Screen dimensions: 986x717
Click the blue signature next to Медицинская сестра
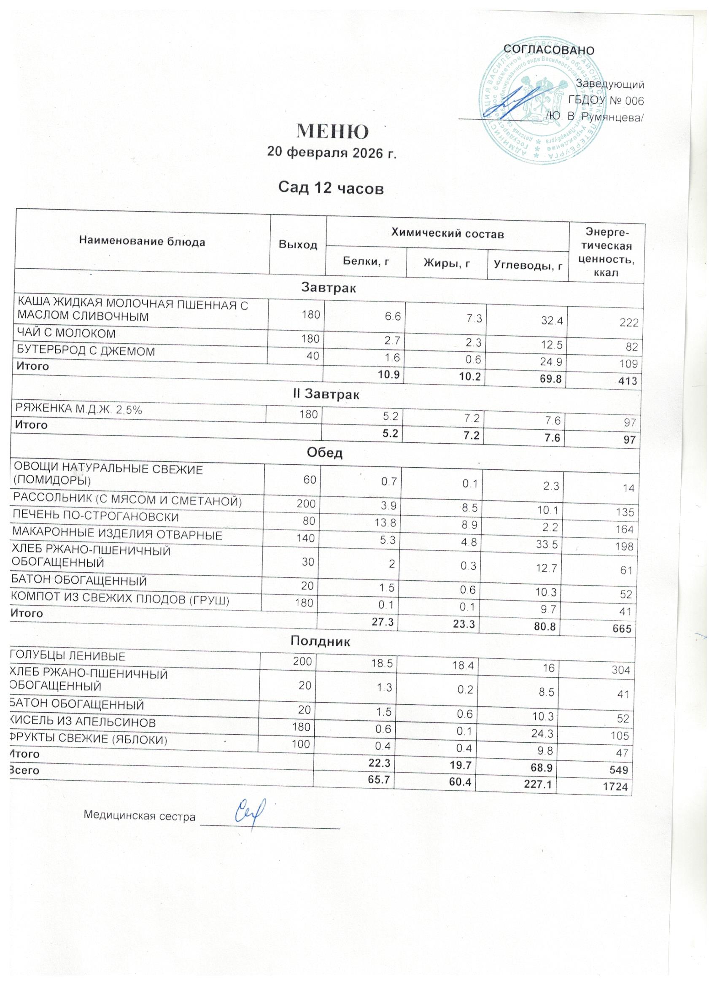(251, 814)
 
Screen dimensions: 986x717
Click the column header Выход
(298, 245)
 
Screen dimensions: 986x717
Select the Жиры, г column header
(446, 264)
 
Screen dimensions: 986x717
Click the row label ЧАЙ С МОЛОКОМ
(66, 334)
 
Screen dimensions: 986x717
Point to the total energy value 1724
(617, 787)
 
